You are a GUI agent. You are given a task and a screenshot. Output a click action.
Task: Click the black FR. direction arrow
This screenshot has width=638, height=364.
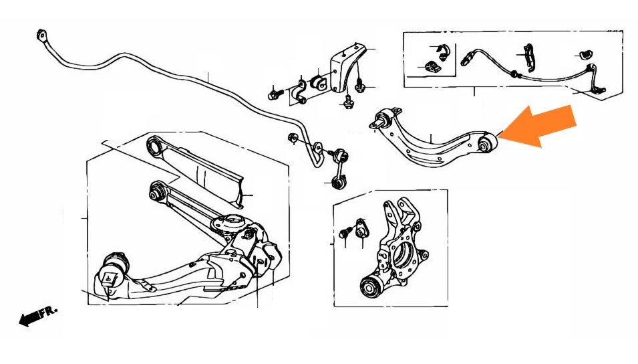(x=31, y=318)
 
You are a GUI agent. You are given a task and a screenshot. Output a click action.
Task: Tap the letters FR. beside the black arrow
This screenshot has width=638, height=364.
(x=50, y=311)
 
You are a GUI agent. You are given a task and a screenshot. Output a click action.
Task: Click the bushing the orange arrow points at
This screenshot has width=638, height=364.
(x=488, y=143)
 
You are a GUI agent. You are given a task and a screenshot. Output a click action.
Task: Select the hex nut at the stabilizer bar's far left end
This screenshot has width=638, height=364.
(x=41, y=35)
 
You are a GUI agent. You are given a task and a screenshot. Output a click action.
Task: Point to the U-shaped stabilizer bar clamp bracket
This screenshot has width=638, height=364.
(x=300, y=94)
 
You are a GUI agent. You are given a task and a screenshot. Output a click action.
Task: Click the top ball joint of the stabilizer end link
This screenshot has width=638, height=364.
(x=340, y=156)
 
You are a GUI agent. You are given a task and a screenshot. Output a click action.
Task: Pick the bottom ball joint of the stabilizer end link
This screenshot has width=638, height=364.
(x=339, y=181)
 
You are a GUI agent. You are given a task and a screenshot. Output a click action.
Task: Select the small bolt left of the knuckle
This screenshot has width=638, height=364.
(x=345, y=234)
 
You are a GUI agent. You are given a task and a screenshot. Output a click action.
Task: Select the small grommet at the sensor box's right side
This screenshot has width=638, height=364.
(x=585, y=55)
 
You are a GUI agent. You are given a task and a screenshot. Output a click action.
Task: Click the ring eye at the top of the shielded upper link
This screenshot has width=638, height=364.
(x=154, y=146)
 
